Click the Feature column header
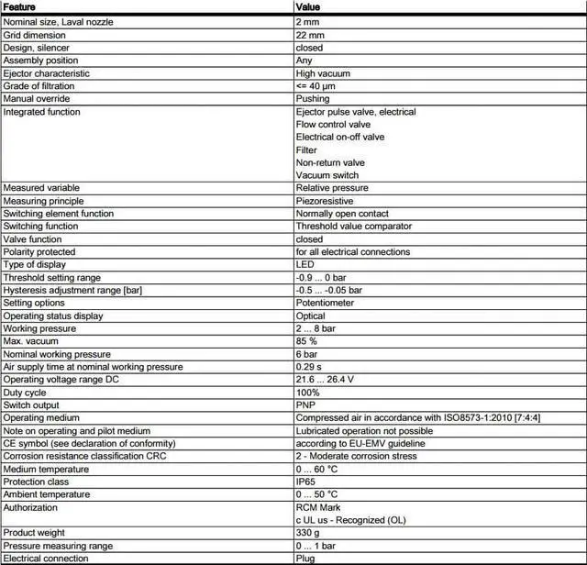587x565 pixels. coord(20,6)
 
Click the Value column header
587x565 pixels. coord(307,6)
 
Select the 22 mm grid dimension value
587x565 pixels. coord(310,35)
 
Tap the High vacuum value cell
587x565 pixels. coord(322,73)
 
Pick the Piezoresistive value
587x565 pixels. coord(324,201)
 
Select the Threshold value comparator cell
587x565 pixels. coord(353,227)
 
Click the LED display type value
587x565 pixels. coord(305,264)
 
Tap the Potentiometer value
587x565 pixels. coord(325,303)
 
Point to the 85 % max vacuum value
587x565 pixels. coord(306,341)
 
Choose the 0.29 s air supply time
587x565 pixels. coord(309,367)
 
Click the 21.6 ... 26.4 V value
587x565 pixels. coord(325,380)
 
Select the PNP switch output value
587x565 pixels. coord(305,405)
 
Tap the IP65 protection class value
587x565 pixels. coord(305,482)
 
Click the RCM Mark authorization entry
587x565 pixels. coord(317,507)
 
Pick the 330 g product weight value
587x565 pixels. coord(307,533)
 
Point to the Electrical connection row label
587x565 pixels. coord(47,559)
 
